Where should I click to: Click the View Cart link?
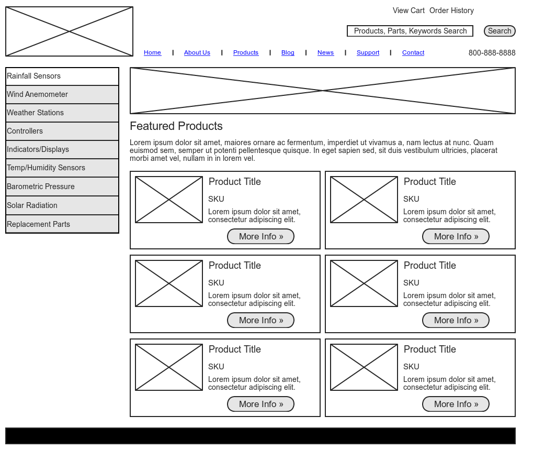coord(409,10)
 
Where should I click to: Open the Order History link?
coord(451,10)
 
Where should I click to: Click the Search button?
coord(500,31)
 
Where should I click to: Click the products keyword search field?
coord(410,31)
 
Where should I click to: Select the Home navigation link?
coord(152,52)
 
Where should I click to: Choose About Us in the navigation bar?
coord(197,52)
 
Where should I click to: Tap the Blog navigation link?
coord(288,52)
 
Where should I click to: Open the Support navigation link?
coord(368,52)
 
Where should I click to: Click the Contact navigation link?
coord(413,52)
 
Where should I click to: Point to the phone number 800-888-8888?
coord(492,53)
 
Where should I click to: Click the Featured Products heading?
coord(176,126)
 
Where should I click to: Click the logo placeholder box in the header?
coord(69,31)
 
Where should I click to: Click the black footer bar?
coord(260,436)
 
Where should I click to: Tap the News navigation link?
coord(325,52)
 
